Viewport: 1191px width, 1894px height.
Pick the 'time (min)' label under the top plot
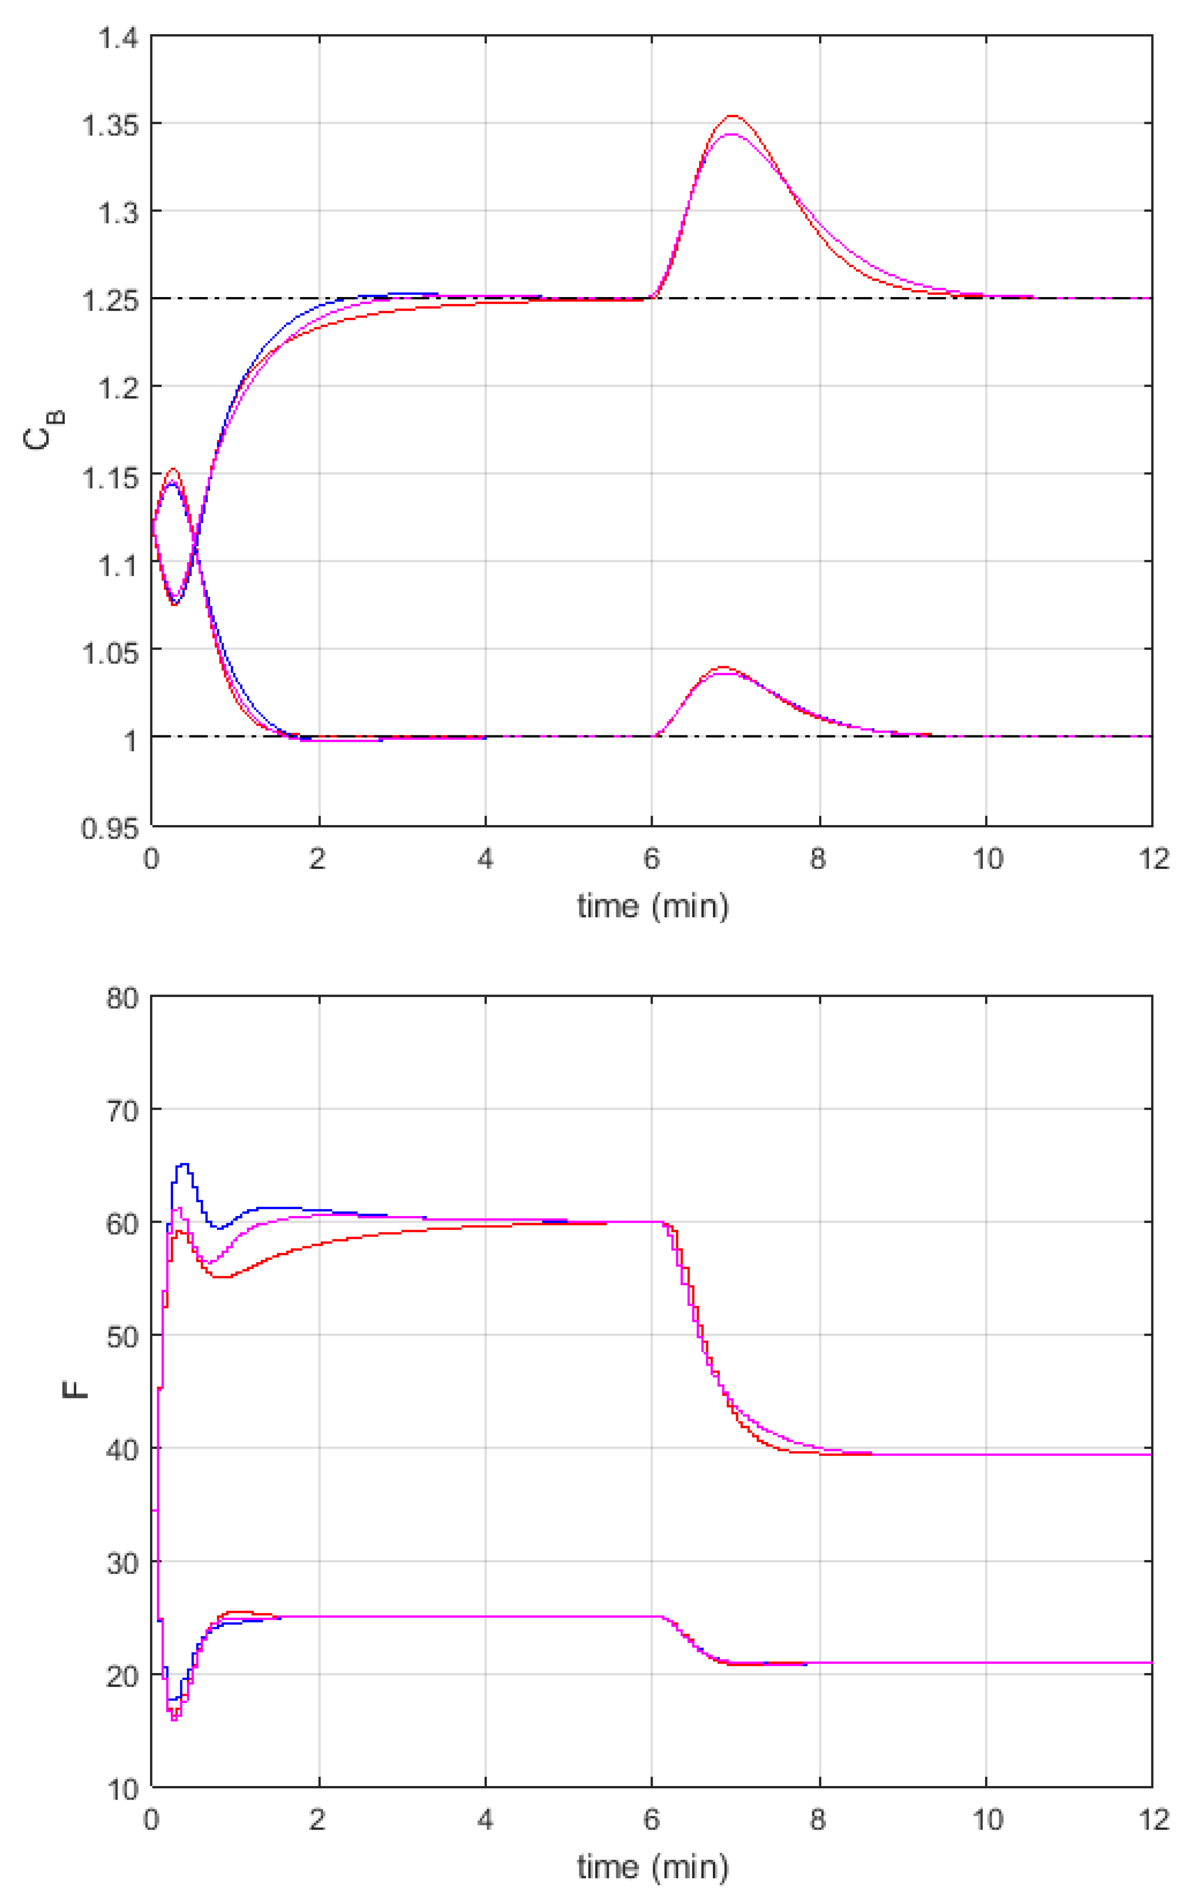[652, 906]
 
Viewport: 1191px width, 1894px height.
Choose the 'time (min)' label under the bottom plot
[652, 1867]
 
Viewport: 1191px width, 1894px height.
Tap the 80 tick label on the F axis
[122, 998]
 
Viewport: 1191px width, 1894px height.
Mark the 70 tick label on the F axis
[122, 1111]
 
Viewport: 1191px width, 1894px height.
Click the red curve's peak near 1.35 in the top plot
[733, 116]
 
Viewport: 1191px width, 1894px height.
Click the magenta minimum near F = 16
[175, 1720]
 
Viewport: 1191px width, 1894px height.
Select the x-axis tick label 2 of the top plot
[318, 859]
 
